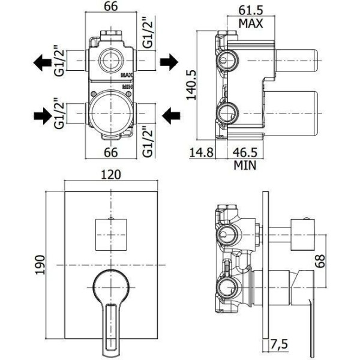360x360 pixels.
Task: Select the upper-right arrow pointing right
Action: [169, 61]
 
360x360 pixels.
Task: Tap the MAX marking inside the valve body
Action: [126, 76]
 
